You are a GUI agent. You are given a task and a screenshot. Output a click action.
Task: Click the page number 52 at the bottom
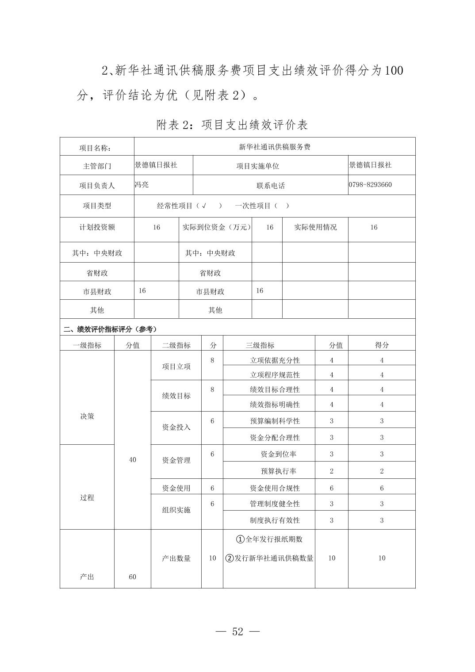237,631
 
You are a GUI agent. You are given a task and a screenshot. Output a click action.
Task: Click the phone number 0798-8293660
370,185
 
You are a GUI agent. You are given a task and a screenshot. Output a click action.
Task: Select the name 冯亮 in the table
142,185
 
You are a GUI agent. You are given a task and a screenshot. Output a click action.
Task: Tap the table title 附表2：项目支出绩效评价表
232,125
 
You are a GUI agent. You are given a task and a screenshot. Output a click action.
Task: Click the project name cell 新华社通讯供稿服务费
274,147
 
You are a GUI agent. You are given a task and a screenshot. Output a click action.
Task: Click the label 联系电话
270,186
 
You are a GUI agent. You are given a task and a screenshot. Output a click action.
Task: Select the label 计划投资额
97,227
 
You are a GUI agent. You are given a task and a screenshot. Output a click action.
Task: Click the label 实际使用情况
315,227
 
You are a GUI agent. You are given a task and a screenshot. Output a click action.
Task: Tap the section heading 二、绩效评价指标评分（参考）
110,329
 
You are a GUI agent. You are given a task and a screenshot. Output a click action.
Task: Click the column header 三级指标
260,345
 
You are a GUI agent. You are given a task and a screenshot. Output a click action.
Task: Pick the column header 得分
382,345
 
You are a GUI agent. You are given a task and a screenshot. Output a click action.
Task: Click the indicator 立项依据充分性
275,360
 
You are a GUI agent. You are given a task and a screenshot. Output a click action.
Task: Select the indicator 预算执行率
279,471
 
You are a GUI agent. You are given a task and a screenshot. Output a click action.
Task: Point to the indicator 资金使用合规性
275,488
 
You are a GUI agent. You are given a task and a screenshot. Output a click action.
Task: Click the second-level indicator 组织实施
176,510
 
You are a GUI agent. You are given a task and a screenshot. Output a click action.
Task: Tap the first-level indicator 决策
87,416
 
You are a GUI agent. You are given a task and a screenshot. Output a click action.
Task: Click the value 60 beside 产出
133,577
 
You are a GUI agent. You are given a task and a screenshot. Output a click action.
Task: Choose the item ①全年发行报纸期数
269,539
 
